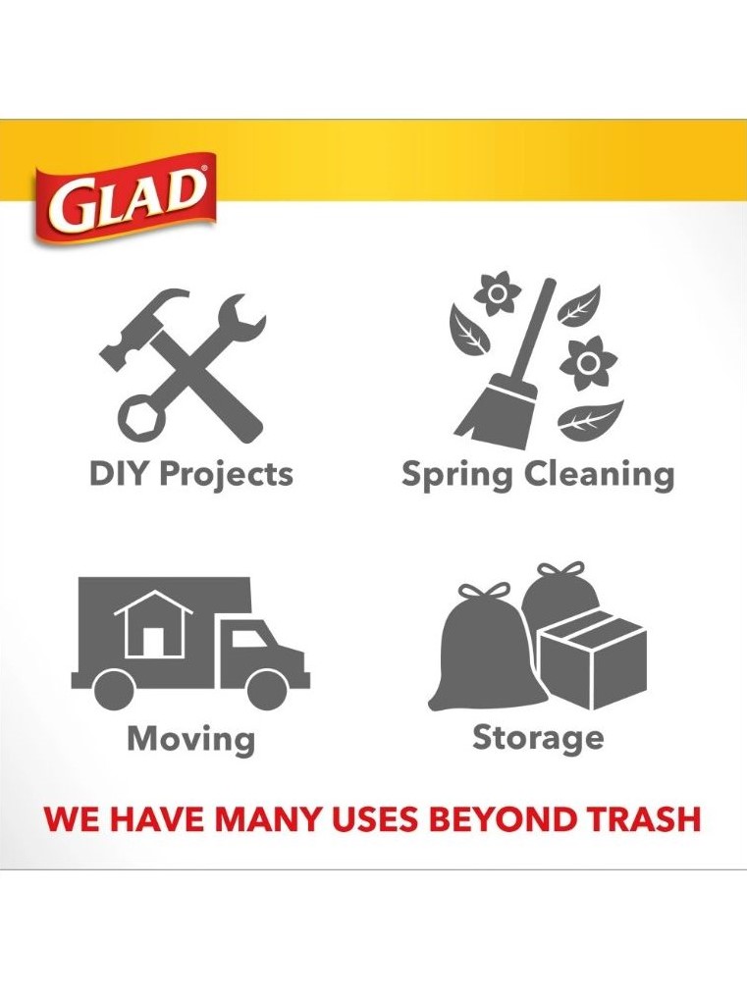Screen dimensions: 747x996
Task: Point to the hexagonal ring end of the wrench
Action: pyautogui.click(x=141, y=419)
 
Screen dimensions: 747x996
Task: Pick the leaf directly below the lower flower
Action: pyautogui.click(x=590, y=419)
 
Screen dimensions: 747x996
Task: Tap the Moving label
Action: pyautogui.click(x=191, y=739)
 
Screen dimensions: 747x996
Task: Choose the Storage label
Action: pyautogui.click(x=538, y=738)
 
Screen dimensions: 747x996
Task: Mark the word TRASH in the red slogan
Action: pyautogui.click(x=643, y=818)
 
